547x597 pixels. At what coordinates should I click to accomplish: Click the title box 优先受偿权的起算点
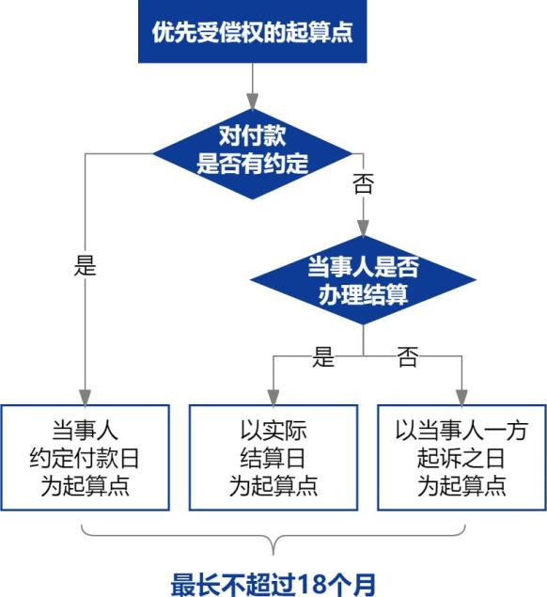[253, 31]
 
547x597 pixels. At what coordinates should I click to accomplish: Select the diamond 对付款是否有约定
[253, 153]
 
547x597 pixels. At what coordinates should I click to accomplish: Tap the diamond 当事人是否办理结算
[363, 280]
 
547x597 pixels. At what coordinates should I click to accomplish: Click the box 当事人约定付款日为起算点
[85, 457]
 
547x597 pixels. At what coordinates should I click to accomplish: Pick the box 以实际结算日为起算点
[273, 457]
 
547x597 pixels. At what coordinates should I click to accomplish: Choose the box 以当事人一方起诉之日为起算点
[461, 457]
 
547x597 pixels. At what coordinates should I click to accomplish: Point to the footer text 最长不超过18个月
[273, 585]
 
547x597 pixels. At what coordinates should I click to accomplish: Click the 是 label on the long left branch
[85, 265]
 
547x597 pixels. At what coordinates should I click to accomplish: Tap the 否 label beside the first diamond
[363, 183]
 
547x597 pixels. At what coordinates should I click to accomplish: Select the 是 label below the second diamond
[323, 356]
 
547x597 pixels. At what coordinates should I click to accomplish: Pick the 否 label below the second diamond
[408, 356]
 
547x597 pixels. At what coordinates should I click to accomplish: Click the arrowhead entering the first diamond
[253, 101]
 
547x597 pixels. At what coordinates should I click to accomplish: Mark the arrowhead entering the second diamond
[363, 228]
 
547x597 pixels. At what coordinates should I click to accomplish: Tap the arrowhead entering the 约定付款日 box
[85, 397]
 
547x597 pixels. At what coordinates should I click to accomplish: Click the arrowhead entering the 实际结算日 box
[273, 397]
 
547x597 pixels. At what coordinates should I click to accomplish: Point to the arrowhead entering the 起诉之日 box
[461, 397]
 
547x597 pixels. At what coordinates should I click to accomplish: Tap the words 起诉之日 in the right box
[461, 458]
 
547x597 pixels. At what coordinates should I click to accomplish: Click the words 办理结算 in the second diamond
[363, 294]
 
